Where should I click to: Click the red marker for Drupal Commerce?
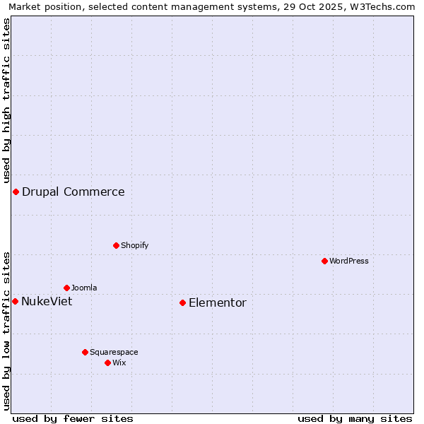click(16, 192)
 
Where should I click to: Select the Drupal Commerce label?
click(73, 192)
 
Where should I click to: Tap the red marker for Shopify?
click(116, 245)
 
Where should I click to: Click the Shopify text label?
click(134, 245)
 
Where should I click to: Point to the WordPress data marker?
click(324, 261)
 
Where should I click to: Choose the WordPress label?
click(349, 261)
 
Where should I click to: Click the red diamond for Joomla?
click(66, 288)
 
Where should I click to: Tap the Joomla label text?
click(84, 288)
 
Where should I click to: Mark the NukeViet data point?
click(15, 301)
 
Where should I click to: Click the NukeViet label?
click(47, 302)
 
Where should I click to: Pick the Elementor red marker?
click(182, 302)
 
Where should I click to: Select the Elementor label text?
click(218, 303)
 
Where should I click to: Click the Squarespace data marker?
click(85, 352)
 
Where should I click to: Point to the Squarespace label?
click(114, 352)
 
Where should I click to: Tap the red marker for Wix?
click(107, 363)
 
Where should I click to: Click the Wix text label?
click(119, 363)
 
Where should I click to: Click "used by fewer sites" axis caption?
click(73, 418)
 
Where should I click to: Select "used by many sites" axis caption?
click(355, 418)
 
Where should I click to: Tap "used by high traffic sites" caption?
click(7, 100)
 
